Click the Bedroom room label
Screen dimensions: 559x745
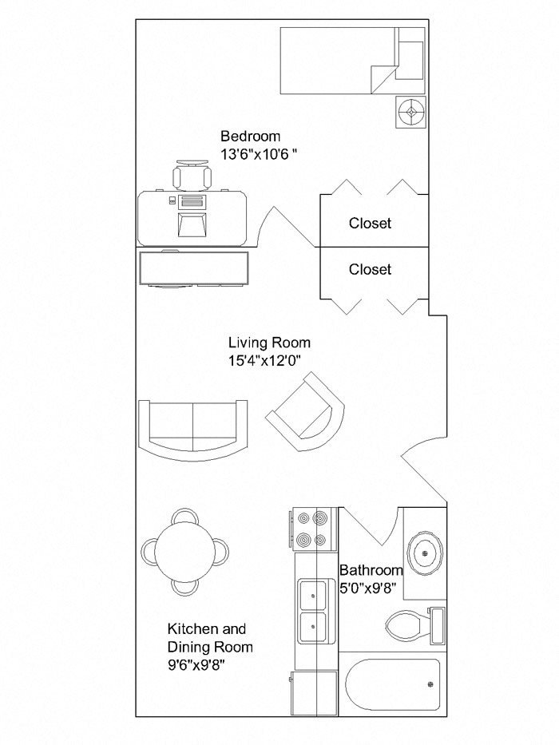point(251,137)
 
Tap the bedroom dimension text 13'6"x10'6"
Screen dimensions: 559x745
point(259,154)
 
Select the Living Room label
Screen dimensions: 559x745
point(270,343)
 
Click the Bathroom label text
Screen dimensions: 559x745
point(371,569)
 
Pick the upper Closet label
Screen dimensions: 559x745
point(370,223)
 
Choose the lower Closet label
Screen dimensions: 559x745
point(370,269)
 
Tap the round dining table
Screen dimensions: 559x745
point(185,552)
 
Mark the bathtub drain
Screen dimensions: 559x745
point(430,684)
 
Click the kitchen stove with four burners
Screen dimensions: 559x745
point(313,529)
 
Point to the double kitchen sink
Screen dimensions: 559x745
point(313,611)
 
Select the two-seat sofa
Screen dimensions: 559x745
point(193,430)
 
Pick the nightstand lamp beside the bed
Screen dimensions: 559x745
point(410,112)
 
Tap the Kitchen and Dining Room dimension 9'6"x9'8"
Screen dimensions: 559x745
point(196,665)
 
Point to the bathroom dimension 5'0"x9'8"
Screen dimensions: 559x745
point(369,588)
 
